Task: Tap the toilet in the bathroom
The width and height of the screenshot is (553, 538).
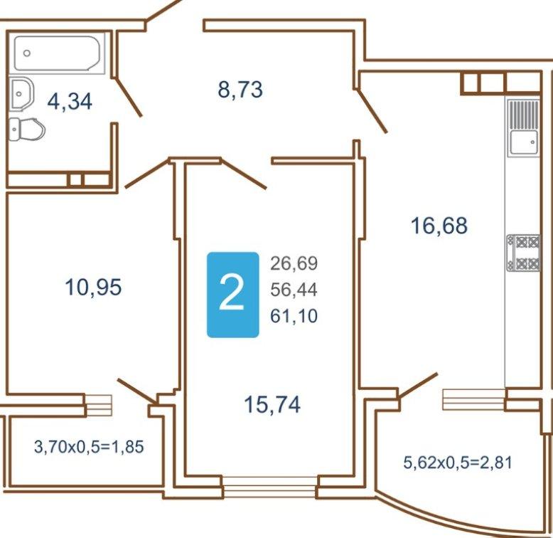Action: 27,130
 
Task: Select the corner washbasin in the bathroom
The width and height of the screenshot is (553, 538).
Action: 21,94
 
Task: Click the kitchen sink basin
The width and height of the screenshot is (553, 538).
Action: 524,143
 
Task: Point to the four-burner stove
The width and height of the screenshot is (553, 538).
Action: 523,253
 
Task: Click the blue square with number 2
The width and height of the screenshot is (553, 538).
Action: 232,295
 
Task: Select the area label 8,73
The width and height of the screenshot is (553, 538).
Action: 240,90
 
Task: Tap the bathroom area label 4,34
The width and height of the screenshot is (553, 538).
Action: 70,102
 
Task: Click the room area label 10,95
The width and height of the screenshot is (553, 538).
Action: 93,287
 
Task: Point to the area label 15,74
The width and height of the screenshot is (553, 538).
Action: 272,404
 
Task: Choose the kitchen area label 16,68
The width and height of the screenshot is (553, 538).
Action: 439,226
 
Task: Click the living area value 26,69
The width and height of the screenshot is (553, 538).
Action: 294,263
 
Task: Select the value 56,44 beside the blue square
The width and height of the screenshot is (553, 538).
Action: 294,290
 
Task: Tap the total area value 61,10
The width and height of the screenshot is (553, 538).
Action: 294,315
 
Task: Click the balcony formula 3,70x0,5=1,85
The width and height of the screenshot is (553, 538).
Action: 89,447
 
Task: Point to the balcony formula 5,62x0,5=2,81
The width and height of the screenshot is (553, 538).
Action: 458,463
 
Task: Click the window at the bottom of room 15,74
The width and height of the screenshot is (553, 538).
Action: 270,486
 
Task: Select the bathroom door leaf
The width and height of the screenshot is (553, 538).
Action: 129,97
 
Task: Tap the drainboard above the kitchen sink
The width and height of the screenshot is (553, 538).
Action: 524,115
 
